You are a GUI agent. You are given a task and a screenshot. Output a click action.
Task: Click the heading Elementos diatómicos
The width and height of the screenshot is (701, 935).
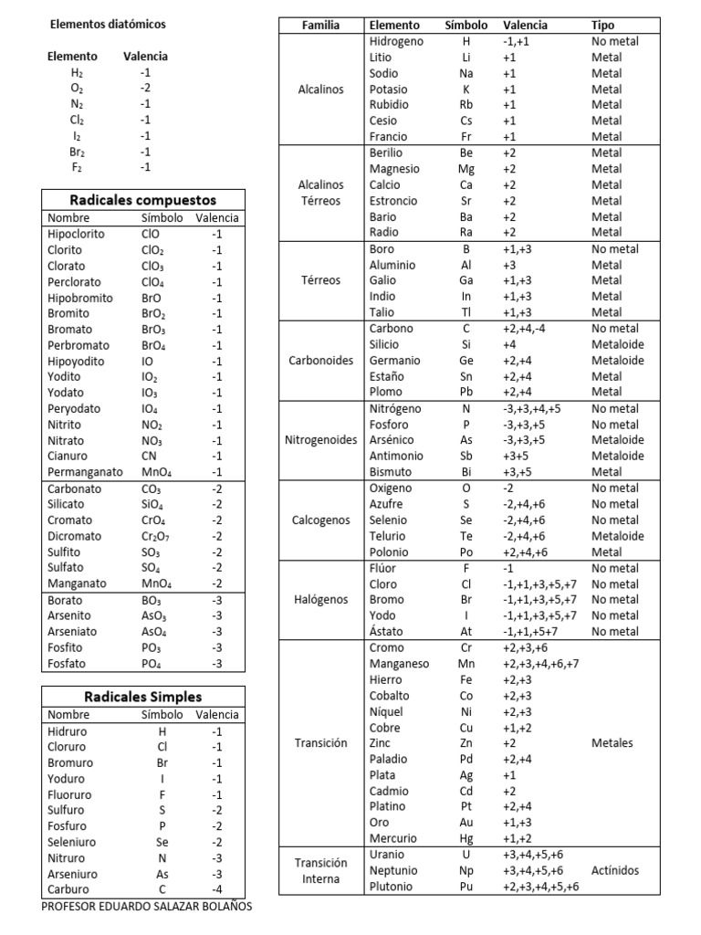[x=108, y=25]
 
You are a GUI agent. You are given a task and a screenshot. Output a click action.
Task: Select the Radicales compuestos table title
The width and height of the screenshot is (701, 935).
[x=143, y=199]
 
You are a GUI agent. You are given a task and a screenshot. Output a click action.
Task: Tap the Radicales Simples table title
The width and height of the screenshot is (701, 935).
[x=143, y=697]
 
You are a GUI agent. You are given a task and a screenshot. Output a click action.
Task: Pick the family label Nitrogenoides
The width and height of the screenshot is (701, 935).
[x=320, y=440]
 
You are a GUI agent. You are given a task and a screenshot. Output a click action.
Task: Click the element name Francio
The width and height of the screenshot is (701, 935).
[x=389, y=136]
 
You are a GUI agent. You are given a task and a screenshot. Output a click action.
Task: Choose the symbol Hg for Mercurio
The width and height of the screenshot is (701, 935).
[x=466, y=838]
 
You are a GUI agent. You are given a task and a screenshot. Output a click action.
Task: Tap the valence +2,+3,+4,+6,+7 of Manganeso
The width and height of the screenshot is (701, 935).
[x=540, y=664]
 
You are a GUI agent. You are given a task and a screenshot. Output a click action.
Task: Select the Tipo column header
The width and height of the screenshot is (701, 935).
[x=603, y=26]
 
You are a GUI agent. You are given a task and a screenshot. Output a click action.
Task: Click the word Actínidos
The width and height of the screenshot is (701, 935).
[x=615, y=871]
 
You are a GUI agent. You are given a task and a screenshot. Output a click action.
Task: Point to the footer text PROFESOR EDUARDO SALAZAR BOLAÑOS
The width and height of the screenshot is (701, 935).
[x=147, y=907]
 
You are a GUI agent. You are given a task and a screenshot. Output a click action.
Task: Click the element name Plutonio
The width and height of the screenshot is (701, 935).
[x=391, y=887]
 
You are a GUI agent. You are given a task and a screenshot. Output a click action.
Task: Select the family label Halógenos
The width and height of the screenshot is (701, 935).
[x=320, y=600]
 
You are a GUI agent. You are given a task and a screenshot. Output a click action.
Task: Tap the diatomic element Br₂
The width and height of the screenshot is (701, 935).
[x=78, y=152]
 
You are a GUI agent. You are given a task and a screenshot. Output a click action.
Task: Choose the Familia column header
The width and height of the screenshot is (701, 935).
[x=320, y=26]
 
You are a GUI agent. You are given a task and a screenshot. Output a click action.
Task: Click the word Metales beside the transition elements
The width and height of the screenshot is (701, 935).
[x=612, y=743]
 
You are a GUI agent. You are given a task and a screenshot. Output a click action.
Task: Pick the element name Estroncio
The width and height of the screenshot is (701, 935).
[x=393, y=201]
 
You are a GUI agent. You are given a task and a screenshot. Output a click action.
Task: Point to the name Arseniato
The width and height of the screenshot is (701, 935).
[x=74, y=632]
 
